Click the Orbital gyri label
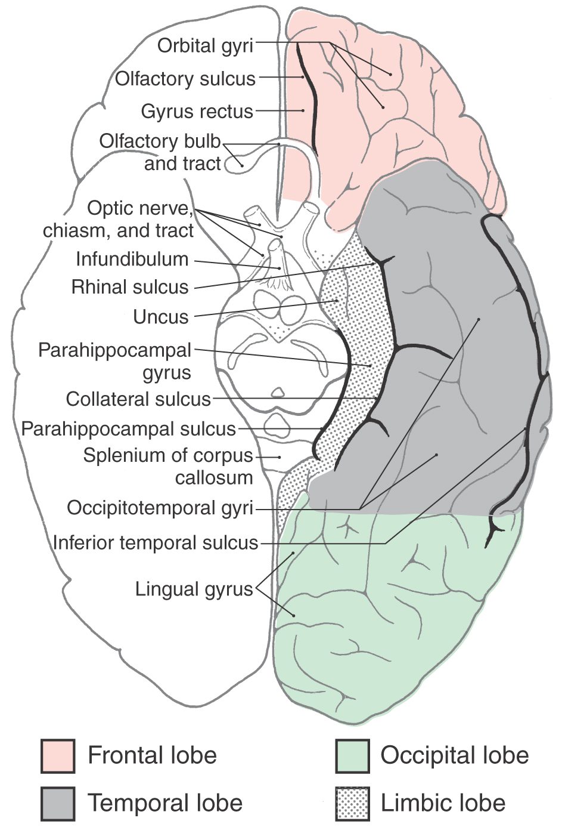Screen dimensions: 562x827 206,46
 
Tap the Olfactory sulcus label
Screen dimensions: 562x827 185,79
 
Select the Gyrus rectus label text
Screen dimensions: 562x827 197,112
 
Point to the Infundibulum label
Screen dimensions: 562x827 132,259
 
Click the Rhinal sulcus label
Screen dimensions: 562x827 130,287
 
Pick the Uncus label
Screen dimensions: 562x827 161,317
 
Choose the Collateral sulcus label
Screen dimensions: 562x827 138,399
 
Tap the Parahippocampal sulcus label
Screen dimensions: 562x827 129,429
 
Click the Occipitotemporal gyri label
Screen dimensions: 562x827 160,508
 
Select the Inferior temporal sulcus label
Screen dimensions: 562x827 156,543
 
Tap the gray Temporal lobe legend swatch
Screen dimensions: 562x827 58,803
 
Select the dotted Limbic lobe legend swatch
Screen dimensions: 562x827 353,803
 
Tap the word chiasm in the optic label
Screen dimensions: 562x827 74,231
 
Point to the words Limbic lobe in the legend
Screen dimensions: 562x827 443,803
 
